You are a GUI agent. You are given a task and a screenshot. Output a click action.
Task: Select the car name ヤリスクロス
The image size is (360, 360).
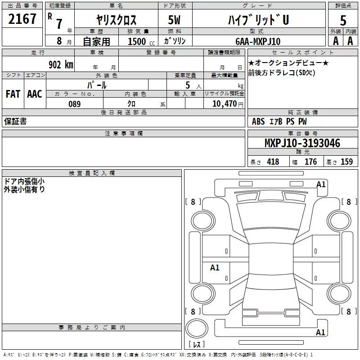click(117, 20)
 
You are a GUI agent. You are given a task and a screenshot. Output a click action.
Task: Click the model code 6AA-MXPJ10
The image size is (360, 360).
click(258, 41)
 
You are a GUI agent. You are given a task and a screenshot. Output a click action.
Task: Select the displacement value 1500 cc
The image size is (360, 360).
click(139, 42)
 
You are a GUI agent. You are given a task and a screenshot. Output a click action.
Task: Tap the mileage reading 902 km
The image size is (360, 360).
click(60, 64)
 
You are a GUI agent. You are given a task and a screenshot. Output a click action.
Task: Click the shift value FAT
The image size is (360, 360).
click(13, 94)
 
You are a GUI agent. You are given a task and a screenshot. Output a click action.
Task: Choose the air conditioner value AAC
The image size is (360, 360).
click(34, 94)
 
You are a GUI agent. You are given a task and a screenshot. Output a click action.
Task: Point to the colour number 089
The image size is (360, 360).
click(74, 104)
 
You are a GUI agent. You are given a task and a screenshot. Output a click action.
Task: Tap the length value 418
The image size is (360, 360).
click(273, 162)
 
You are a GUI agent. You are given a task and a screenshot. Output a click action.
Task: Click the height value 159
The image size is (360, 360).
click(346, 162)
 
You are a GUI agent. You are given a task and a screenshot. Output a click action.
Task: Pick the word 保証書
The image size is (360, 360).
click(15, 121)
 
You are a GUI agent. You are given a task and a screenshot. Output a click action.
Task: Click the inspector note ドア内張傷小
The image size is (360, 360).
click(24, 181)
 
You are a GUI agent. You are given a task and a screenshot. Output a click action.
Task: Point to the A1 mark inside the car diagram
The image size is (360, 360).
click(215, 268)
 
